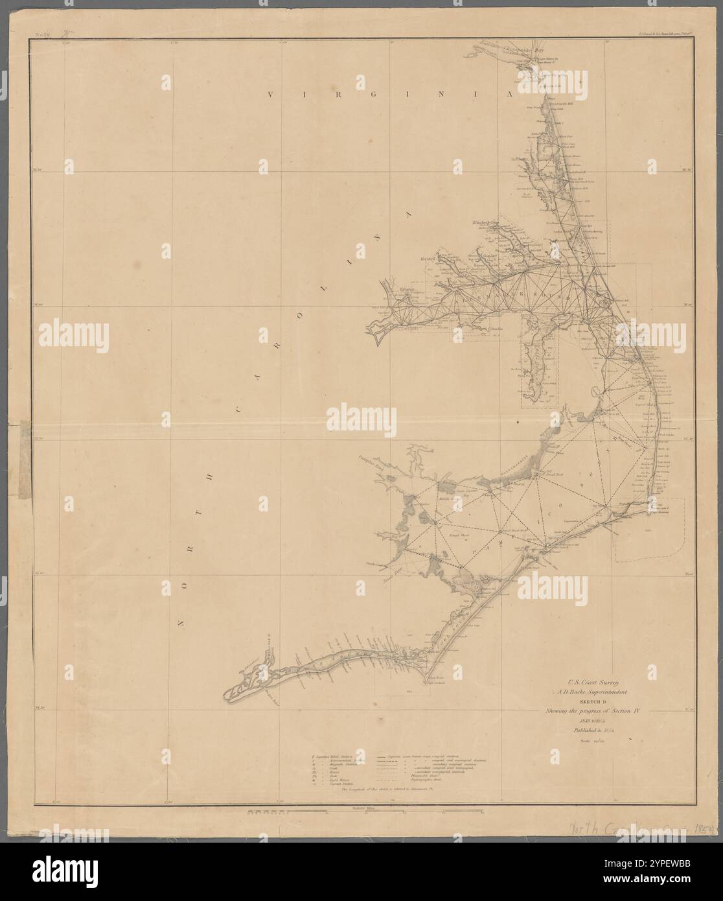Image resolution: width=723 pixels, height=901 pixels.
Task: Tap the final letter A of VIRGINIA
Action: pyautogui.click(x=509, y=95)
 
